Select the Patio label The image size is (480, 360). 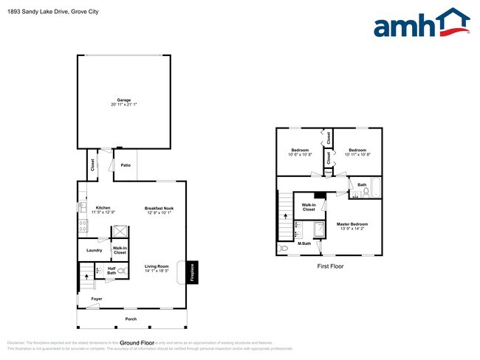[126, 165]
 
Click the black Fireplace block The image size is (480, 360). [191, 272]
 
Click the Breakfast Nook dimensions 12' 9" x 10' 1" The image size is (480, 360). [159, 213]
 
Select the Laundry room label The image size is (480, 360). [95, 251]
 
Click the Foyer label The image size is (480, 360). [97, 299]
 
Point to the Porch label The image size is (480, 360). [131, 319]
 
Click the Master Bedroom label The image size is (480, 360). [352, 224]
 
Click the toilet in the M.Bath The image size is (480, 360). [284, 249]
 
